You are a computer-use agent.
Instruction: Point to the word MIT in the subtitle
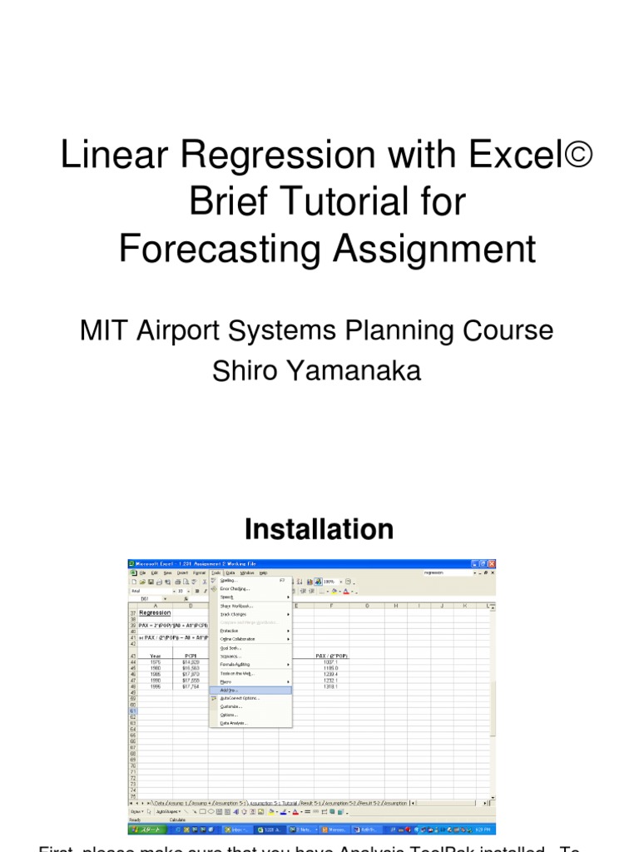click(x=102, y=330)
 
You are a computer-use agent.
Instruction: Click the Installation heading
click(x=319, y=529)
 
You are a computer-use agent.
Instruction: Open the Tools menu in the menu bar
click(x=215, y=572)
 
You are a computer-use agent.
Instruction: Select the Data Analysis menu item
click(x=233, y=723)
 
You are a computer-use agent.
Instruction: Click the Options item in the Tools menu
click(x=228, y=715)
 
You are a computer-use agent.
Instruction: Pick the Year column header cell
click(x=155, y=656)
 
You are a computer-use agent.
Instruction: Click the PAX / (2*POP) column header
click(x=332, y=656)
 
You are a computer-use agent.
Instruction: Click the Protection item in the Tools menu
click(x=230, y=631)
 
